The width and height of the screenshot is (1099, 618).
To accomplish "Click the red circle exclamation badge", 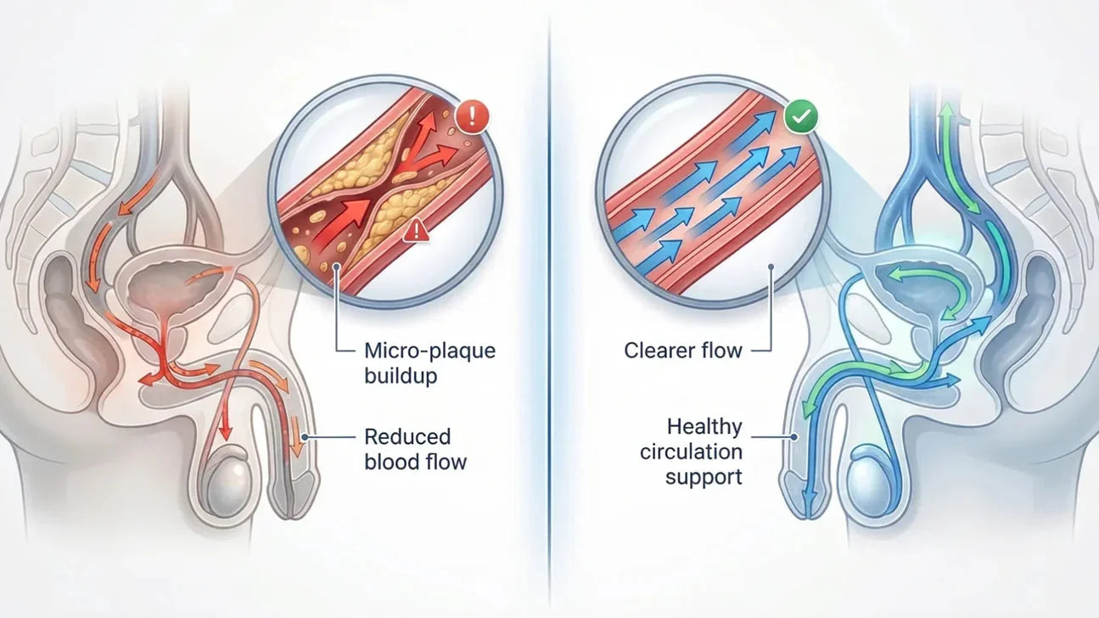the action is point(472,117).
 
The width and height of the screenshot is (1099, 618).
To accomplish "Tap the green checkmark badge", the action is point(801,117).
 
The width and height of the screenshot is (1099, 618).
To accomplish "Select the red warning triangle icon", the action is point(416,230).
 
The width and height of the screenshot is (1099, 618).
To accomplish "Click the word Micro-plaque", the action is point(429,351).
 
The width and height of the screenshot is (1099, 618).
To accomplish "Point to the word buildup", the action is point(401,376).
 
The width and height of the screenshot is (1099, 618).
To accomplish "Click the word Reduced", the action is point(407,436).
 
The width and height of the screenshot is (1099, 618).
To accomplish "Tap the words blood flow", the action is point(416,462).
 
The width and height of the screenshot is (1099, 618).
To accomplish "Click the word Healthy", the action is point(704,426).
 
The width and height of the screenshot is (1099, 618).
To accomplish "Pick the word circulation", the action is point(691,452).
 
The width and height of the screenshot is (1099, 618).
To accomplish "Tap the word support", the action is point(704,477).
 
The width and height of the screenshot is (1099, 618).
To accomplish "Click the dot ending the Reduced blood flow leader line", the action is point(305,437).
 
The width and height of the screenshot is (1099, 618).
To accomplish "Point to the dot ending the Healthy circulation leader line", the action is point(794,436).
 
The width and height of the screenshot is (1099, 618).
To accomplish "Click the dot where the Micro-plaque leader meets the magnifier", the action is point(337,267).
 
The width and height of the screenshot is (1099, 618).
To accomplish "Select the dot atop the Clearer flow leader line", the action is point(771,267).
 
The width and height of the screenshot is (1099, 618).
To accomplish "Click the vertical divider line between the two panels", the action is point(550,309).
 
